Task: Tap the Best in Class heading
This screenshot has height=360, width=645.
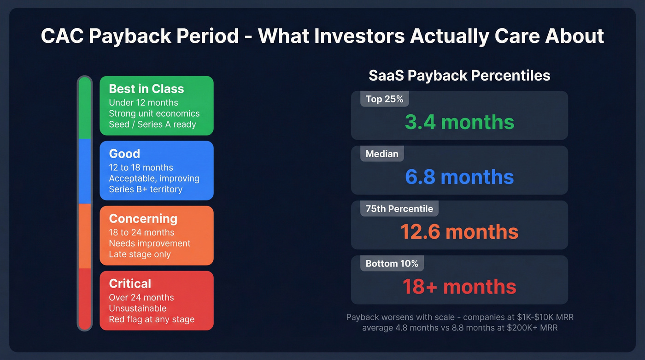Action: point(146,89)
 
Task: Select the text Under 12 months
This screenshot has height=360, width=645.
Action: point(143,102)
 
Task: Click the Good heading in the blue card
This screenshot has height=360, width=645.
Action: point(124,153)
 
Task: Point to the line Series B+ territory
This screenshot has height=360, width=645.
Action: point(146,189)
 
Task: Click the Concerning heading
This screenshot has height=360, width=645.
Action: point(143,218)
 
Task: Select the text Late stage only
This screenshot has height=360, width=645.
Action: point(140,254)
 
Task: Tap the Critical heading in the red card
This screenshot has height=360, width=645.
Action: point(130,283)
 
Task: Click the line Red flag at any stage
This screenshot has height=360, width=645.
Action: point(152,319)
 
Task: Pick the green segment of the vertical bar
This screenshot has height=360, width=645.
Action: point(85,109)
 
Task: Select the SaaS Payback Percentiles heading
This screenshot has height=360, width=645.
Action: point(459,76)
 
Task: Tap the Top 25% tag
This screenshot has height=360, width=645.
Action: point(384,99)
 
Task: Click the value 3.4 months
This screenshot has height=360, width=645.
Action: point(459,122)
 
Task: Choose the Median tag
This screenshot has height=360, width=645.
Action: point(382,154)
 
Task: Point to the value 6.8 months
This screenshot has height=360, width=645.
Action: point(459,177)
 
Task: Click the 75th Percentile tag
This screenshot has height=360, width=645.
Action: point(399,209)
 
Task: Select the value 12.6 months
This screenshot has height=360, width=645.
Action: point(459,232)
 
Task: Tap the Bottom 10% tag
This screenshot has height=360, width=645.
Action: point(392,264)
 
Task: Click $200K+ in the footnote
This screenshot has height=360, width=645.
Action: point(520,328)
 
